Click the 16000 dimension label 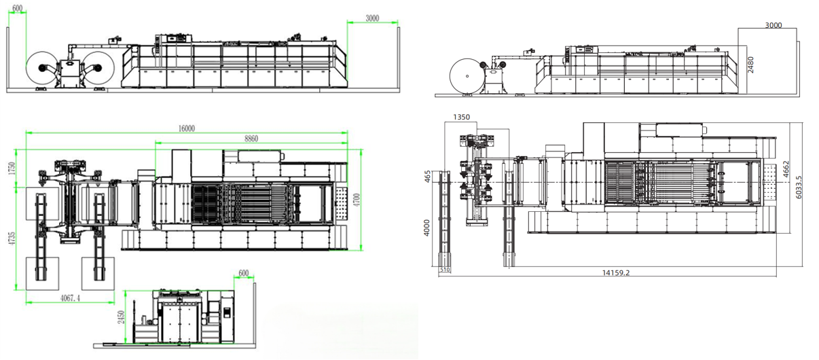(x=187, y=128)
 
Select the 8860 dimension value (x=251, y=139)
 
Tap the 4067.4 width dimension (x=70, y=298)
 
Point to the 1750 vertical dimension (x=12, y=168)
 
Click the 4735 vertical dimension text (x=12, y=238)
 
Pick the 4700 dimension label (x=357, y=200)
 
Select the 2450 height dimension (x=122, y=317)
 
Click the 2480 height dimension (x=750, y=65)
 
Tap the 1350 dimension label (x=461, y=117)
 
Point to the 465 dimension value (x=427, y=177)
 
